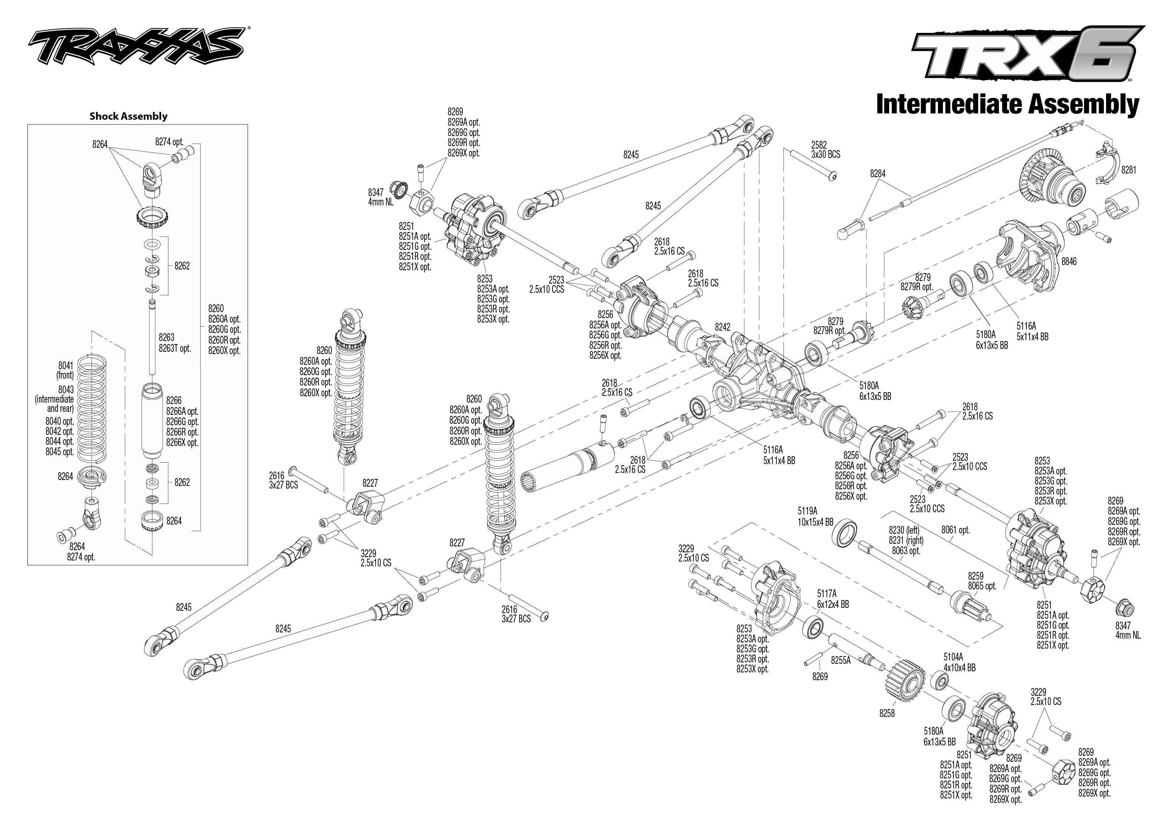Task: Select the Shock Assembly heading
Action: (128, 116)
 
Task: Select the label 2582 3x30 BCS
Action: (826, 149)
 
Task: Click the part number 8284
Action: (878, 173)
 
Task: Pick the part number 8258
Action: (887, 713)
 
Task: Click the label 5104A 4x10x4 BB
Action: (960, 662)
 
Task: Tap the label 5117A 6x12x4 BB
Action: (833, 600)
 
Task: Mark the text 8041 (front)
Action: (66, 370)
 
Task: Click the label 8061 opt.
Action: (956, 530)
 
